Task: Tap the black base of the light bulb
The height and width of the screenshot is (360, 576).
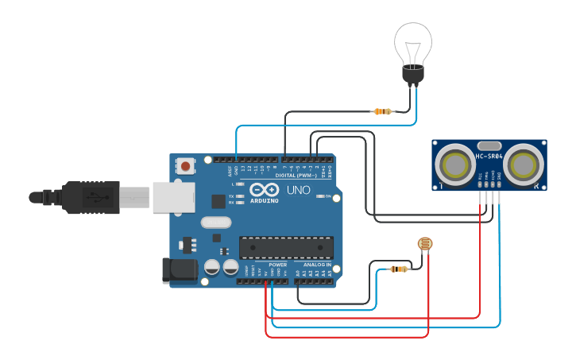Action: (413, 75)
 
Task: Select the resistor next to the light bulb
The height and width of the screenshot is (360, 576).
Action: (383, 111)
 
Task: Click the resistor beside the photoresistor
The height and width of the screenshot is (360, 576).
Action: (398, 269)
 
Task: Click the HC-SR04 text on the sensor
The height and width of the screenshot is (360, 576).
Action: (489, 156)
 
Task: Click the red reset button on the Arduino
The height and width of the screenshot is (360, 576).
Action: (185, 166)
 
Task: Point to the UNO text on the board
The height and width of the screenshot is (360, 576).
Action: (298, 191)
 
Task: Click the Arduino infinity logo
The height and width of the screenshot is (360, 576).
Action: (263, 190)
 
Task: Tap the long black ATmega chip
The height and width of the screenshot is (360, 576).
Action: (286, 247)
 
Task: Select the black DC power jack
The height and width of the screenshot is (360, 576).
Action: (180, 270)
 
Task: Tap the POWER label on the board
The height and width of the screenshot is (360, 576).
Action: (277, 265)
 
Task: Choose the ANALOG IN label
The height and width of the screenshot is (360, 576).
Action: (317, 265)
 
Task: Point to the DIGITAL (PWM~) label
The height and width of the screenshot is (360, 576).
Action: (295, 175)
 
